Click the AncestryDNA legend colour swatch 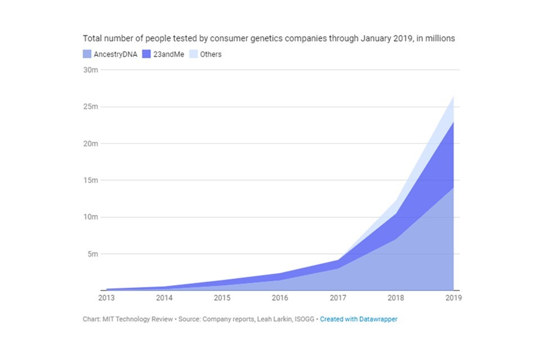87,55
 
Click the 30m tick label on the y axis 91,70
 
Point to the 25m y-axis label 91,107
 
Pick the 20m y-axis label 91,143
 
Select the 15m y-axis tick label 91,181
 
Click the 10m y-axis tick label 91,217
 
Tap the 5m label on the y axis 92,254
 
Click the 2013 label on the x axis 106,298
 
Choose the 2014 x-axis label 164,298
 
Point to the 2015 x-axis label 222,298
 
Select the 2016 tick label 280,298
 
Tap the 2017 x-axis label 337,298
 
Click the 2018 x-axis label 395,298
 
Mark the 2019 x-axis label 453,298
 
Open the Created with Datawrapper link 359,319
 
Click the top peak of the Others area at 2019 453,96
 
